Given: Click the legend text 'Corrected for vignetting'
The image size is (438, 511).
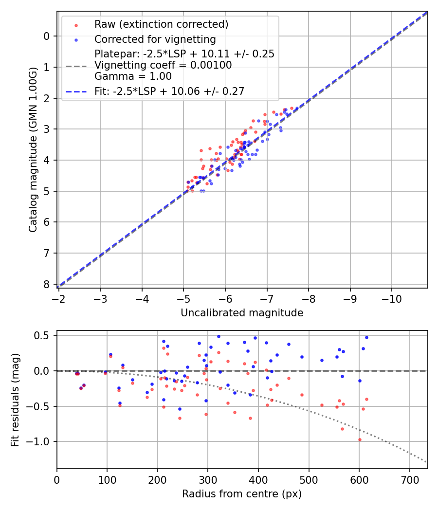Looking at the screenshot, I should pyautogui.click(x=155, y=39).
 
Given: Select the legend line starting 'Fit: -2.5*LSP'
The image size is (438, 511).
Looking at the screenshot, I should pyautogui.click(x=169, y=91).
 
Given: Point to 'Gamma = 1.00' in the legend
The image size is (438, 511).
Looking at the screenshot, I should pyautogui.click(x=133, y=76).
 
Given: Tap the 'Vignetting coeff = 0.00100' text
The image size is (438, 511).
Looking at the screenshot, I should pyautogui.click(x=163, y=65).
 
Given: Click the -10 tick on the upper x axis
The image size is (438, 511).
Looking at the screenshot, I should pyautogui.click(x=392, y=298).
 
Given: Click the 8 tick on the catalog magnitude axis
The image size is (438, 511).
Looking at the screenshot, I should pyautogui.click(x=47, y=284).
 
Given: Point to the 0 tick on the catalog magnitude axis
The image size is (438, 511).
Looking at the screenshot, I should pyautogui.click(x=47, y=36).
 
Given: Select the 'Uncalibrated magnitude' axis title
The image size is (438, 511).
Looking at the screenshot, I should pyautogui.click(x=242, y=313).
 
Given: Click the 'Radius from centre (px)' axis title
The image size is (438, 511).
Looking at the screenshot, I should pyautogui.click(x=242, y=494).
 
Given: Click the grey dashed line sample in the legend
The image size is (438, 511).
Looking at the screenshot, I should pyautogui.click(x=75, y=65).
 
